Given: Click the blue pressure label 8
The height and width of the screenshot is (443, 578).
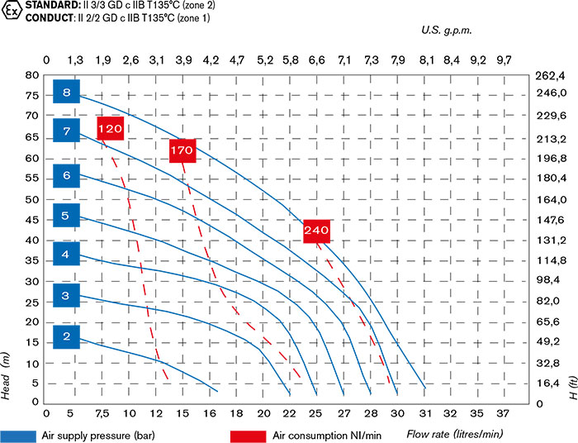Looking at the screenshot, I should pos(66,92).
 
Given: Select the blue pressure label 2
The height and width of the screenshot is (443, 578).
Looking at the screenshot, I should pos(66,336).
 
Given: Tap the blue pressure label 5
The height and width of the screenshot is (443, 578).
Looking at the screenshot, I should pos(66,217).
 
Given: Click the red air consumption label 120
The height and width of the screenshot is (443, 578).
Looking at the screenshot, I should pos(110,128).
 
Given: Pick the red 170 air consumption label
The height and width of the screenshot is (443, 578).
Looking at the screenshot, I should pos(182,150).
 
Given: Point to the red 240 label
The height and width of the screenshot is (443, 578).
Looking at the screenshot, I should pos(316,230).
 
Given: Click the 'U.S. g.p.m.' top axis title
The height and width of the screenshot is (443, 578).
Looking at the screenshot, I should pos(445,30).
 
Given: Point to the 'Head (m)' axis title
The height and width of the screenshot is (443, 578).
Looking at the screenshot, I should pos(7,376).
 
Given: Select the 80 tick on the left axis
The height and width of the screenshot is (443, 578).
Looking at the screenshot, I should pos(33,74).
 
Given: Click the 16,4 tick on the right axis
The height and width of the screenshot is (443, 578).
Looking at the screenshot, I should pos(550,383).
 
